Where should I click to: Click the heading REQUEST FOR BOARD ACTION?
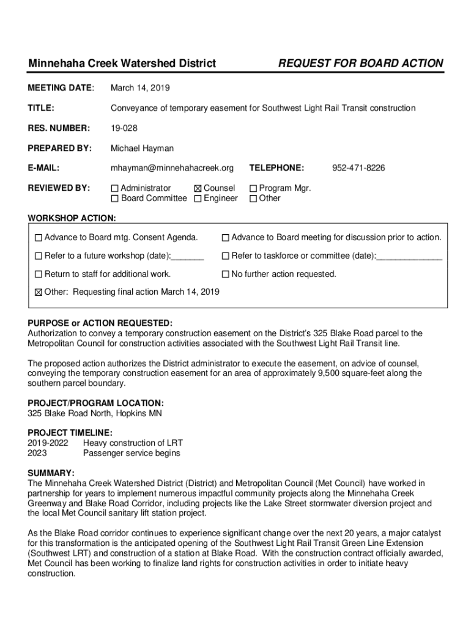coord(360,64)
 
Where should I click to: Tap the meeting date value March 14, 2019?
coord(140,88)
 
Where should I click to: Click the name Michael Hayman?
coord(142,148)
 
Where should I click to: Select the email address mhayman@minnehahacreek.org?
coord(172,168)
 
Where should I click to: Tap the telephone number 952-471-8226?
coord(358,168)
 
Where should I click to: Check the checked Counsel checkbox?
coord(198,189)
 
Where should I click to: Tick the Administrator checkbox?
coord(114,189)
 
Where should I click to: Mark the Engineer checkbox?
coord(198,199)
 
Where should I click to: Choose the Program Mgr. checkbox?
coord(253,189)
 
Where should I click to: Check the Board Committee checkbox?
coord(114,199)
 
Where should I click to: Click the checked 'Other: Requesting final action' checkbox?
coord(39,292)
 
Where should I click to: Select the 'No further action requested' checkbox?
coord(225,274)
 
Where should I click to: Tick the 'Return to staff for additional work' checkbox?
coord(39,274)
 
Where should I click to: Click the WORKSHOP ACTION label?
coord(72,218)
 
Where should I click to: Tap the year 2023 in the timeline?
coord(37,453)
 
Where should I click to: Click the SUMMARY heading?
coord(51,473)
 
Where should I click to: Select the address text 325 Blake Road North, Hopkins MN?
coord(95,413)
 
